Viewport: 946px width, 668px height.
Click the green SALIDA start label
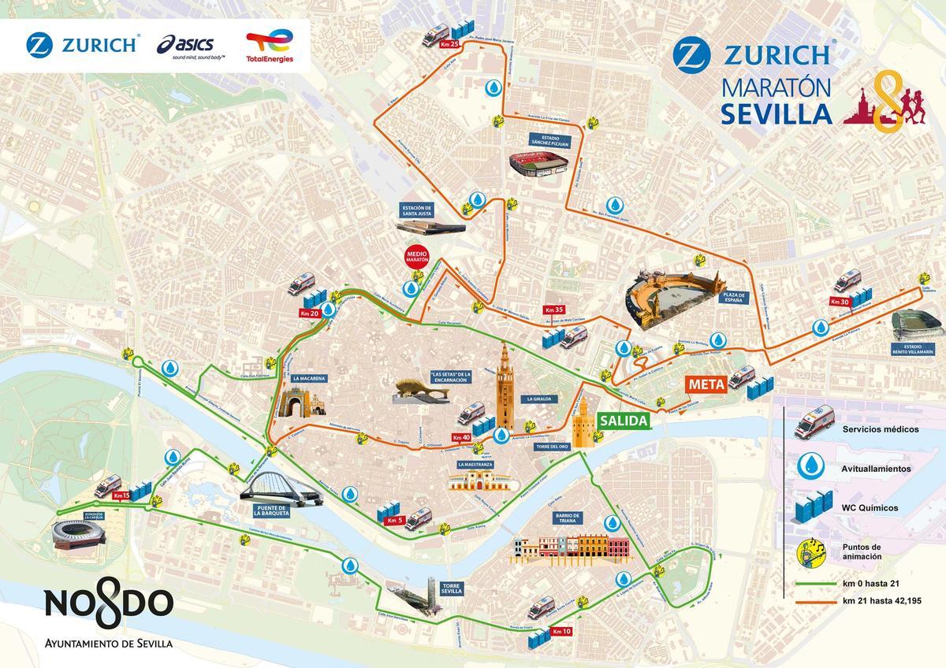point(624,421)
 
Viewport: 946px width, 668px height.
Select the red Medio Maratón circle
point(415,258)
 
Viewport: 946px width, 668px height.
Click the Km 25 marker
point(450,45)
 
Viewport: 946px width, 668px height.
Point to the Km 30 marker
point(839,301)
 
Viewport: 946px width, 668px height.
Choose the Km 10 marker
point(562,631)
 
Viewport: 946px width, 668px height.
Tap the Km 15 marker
point(121,495)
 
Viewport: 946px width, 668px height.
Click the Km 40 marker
point(461,437)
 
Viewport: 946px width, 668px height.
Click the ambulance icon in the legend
point(812,423)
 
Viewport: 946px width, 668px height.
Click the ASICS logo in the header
point(192,46)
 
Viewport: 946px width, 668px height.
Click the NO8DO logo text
point(108,604)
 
